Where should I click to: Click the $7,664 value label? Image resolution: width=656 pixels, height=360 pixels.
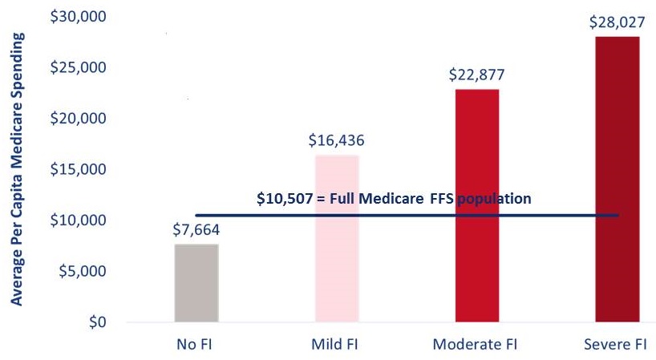(x=196, y=230)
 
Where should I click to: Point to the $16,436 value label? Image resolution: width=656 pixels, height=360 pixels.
(x=336, y=140)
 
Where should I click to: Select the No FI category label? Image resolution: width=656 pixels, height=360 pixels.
(x=196, y=345)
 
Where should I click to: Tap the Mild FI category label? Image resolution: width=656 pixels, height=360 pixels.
(x=336, y=345)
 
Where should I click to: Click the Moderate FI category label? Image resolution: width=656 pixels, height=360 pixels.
(x=476, y=345)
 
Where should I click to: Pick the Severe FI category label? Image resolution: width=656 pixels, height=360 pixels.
(x=616, y=345)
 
